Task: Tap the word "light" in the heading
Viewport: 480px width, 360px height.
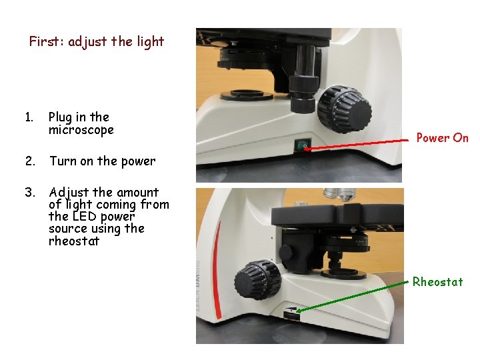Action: pos(150,41)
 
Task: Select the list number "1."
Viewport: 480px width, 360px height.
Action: pos(29,117)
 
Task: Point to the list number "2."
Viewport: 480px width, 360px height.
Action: pos(29,161)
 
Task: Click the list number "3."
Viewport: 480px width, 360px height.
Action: pos(29,193)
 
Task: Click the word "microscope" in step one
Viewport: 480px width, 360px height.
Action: pos(81,130)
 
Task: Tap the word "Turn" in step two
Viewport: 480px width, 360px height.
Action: pos(63,161)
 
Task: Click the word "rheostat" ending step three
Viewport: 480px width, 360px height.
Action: pos(73,241)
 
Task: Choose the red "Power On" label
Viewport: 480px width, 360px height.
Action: pos(442,138)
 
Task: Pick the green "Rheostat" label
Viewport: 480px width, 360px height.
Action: pos(437,282)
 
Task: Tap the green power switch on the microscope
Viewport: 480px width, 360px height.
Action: pos(303,145)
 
